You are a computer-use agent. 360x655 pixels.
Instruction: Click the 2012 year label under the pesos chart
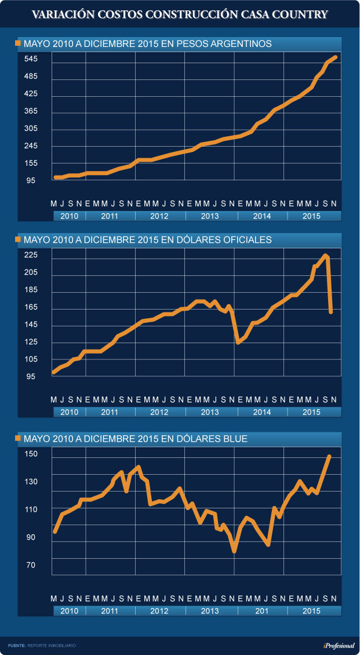pyautogui.click(x=159, y=216)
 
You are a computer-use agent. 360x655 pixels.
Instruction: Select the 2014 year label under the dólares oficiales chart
pyautogui.click(x=262, y=412)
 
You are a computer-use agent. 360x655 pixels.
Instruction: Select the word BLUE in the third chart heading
pyautogui.click(x=235, y=439)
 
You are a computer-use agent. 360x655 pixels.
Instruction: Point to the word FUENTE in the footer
pyautogui.click(x=16, y=645)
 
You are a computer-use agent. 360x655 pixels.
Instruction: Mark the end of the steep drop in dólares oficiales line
pyautogui.click(x=330, y=312)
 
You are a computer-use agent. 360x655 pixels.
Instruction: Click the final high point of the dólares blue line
pyautogui.click(x=329, y=456)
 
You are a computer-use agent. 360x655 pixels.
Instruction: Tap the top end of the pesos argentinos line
pyautogui.click(x=336, y=57)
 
